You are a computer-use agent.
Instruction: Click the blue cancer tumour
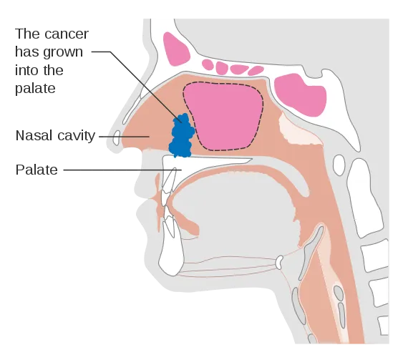pyautogui.click(x=181, y=136)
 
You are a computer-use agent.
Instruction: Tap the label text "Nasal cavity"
pyautogui.click(x=55, y=135)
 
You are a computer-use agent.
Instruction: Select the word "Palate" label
pyautogui.click(x=37, y=170)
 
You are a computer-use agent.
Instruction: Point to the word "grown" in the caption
pyautogui.click(x=63, y=53)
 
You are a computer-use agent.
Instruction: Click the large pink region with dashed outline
pyautogui.click(x=223, y=116)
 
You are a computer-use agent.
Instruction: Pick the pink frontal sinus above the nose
pyautogui.click(x=176, y=49)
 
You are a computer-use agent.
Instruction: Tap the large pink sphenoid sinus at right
pyautogui.click(x=300, y=94)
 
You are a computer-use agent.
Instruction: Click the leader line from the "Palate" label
pyautogui.click(x=122, y=170)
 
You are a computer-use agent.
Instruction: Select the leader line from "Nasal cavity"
pyautogui.click(x=124, y=137)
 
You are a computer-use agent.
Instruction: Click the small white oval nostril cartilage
pyautogui.click(x=117, y=137)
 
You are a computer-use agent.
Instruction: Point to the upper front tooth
pyautogui.click(x=168, y=181)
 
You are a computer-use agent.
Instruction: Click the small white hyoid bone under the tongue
pyautogui.click(x=279, y=262)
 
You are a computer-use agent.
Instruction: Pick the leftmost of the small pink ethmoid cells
pyautogui.click(x=208, y=64)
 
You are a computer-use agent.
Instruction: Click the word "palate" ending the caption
pyautogui.click(x=35, y=89)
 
